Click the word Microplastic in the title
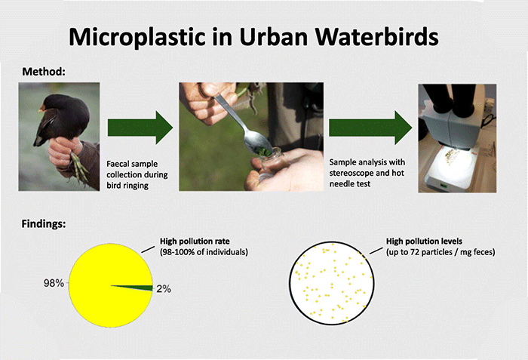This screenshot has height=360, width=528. point(137,37)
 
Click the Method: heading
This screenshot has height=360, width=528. point(44,72)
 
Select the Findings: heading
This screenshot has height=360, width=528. point(44,224)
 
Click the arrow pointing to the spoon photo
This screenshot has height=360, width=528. point(140,128)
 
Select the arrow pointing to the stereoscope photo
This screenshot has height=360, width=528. point(370,128)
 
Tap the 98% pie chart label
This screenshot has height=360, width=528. point(54,283)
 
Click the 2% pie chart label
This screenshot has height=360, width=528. point(164,289)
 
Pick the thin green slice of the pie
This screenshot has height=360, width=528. point(138,288)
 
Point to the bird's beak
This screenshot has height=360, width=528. point(42,109)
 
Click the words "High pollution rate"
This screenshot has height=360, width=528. point(195,242)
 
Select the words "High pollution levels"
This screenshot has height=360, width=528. point(424,242)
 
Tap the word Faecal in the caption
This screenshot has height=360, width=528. point(119,164)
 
